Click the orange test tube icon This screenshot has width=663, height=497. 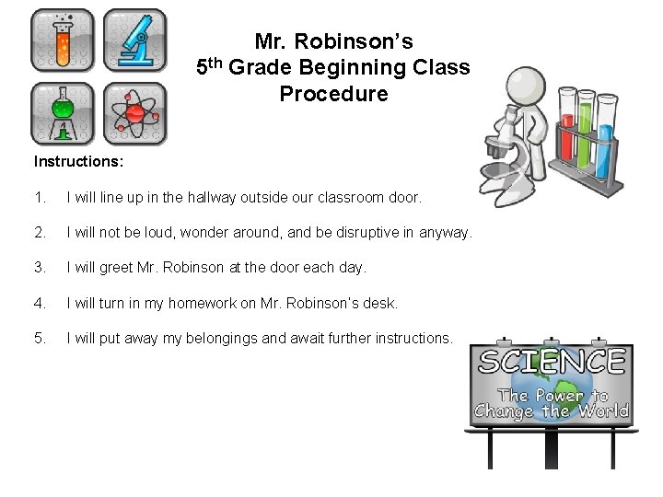pyautogui.click(x=63, y=40)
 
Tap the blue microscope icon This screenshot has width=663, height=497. pyautogui.click(x=135, y=40)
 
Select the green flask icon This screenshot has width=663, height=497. pyautogui.click(x=63, y=113)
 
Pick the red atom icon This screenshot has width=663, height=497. pyautogui.click(x=135, y=113)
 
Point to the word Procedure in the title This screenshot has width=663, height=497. pyautogui.click(x=333, y=94)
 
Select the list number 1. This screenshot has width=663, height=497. pyautogui.click(x=39, y=198)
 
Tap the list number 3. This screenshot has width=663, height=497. pyautogui.click(x=39, y=268)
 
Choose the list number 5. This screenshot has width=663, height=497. pyautogui.click(x=39, y=338)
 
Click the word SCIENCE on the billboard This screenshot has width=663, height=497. pyautogui.click(x=551, y=362)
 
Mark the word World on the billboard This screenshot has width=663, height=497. pyautogui.click(x=602, y=411)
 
